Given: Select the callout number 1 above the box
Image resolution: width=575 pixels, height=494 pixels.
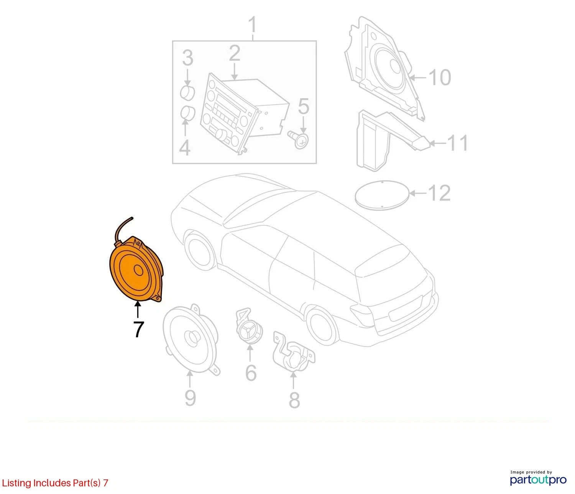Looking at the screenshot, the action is [252, 25].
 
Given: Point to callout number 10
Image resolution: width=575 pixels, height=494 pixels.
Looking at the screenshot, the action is [440, 77].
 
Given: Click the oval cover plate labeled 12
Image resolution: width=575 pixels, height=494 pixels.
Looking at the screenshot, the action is [383, 195].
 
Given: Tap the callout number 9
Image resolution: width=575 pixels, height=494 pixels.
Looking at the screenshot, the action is [190, 398].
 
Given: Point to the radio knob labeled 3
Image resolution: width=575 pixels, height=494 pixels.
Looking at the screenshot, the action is [187, 92].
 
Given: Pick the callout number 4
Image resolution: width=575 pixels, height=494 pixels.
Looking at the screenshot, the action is [185, 148].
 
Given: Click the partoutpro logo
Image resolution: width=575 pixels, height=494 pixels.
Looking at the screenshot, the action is [538, 480].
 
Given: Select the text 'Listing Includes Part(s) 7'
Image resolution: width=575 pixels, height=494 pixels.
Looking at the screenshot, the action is [55, 483].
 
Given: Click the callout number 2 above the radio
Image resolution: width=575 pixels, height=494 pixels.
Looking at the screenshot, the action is [235, 53].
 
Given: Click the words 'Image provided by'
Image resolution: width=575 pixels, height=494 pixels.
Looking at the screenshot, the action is [531, 472].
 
